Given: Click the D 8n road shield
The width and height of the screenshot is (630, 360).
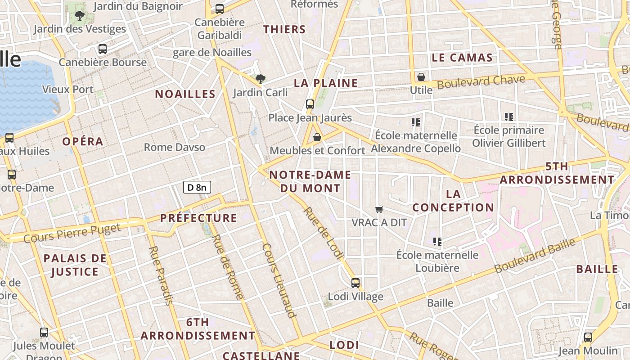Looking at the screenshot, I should (x=197, y=187).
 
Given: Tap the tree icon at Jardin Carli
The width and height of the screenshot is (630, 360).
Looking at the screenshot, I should (x=260, y=80).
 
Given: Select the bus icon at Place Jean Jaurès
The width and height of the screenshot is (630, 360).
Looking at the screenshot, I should (x=310, y=104).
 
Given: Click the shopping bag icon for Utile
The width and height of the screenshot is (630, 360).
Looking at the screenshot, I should (x=421, y=77).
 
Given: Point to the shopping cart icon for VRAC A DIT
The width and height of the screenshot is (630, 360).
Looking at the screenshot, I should (x=379, y=209).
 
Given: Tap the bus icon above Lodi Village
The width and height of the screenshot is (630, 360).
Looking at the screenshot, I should (x=355, y=283).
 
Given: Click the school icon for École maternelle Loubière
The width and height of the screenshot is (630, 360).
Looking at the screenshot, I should (x=437, y=242).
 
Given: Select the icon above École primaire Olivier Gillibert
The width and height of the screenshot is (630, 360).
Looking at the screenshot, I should (x=509, y=117).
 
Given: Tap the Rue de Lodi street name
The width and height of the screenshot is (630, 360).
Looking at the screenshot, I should (x=323, y=233).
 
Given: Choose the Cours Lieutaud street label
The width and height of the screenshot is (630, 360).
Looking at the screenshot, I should (x=279, y=280).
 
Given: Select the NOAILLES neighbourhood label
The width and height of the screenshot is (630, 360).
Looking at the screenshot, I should (x=185, y=94).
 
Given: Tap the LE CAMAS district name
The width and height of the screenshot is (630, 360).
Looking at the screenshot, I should (x=462, y=58).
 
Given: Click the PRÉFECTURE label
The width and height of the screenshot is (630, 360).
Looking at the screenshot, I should (x=198, y=218).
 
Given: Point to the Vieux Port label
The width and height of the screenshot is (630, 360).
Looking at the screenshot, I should (x=68, y=89).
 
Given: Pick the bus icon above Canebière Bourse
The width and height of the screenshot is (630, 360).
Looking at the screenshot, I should (x=103, y=49).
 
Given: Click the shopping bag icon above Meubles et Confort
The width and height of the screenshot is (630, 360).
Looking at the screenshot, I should (x=317, y=137).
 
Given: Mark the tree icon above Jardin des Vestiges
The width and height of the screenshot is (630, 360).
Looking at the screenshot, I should (x=80, y=16).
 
